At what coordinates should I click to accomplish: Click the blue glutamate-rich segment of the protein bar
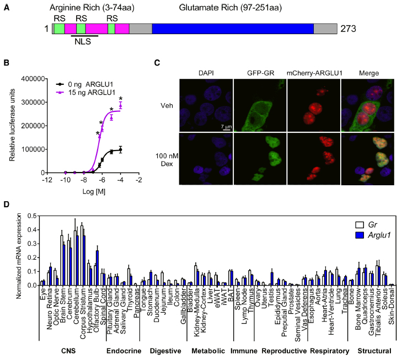[x=232, y=29]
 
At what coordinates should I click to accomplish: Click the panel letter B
[x=7, y=62]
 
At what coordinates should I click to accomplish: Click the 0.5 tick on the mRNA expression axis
[x=31, y=216]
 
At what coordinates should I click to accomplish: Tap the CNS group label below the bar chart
[x=69, y=351]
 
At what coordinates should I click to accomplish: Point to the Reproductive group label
[x=283, y=351]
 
